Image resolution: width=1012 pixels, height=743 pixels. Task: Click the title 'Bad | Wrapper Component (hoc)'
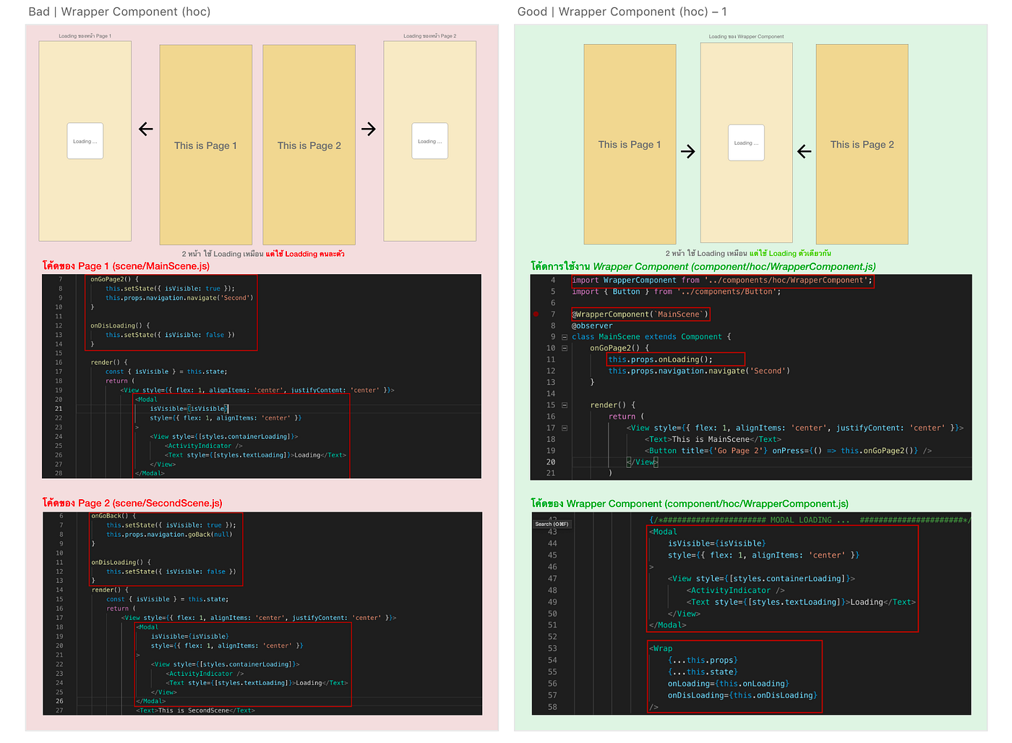[119, 12]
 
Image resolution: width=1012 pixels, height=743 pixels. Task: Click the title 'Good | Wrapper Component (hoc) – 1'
[622, 12]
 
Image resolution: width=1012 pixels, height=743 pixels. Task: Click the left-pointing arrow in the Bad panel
[146, 130]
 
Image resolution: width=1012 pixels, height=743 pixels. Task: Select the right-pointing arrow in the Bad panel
[369, 130]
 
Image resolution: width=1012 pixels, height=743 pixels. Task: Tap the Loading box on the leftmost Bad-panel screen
[85, 141]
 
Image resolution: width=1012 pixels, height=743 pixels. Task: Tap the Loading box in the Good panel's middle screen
[746, 143]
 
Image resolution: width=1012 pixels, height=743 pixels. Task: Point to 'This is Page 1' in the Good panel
[630, 145]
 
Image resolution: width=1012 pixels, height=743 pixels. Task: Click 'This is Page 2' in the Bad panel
[309, 145]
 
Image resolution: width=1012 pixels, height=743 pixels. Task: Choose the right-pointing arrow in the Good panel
[687, 151]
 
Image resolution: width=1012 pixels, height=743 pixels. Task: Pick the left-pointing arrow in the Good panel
[804, 151]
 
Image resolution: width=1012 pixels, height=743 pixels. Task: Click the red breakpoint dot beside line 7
[536, 314]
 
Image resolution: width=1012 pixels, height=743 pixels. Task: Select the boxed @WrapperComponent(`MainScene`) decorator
[640, 314]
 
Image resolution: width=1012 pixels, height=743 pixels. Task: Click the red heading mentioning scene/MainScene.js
[126, 266]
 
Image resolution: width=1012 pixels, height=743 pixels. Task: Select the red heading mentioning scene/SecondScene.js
[132, 503]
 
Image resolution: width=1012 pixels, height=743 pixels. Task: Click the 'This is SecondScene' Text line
[195, 710]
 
